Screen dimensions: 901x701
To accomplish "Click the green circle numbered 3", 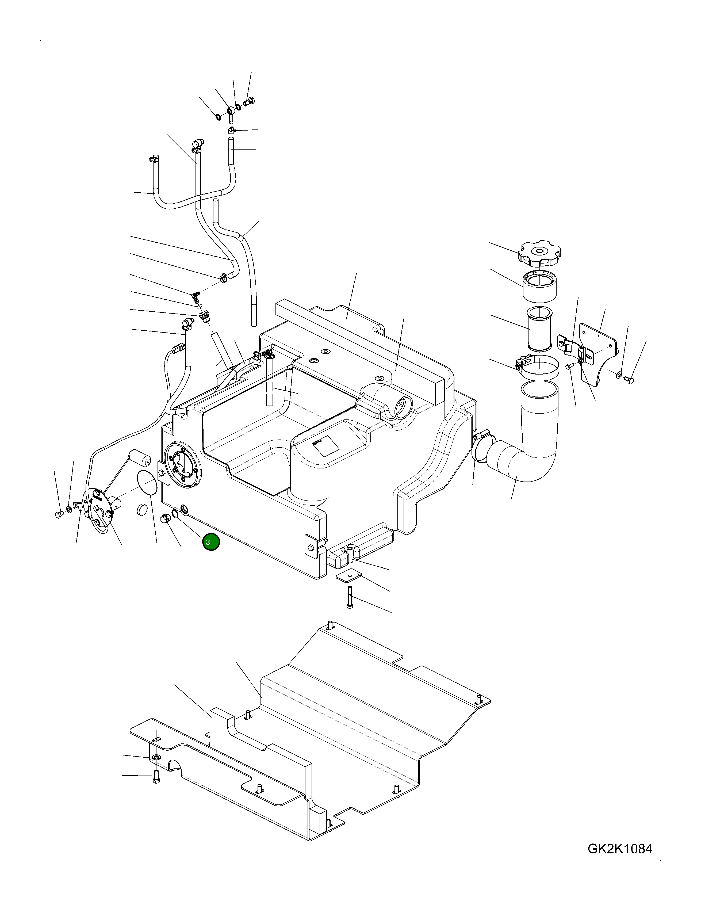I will (211, 542).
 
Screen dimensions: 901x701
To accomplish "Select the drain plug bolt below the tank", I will (166, 520).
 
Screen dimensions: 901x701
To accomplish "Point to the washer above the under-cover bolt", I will (156, 757).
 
